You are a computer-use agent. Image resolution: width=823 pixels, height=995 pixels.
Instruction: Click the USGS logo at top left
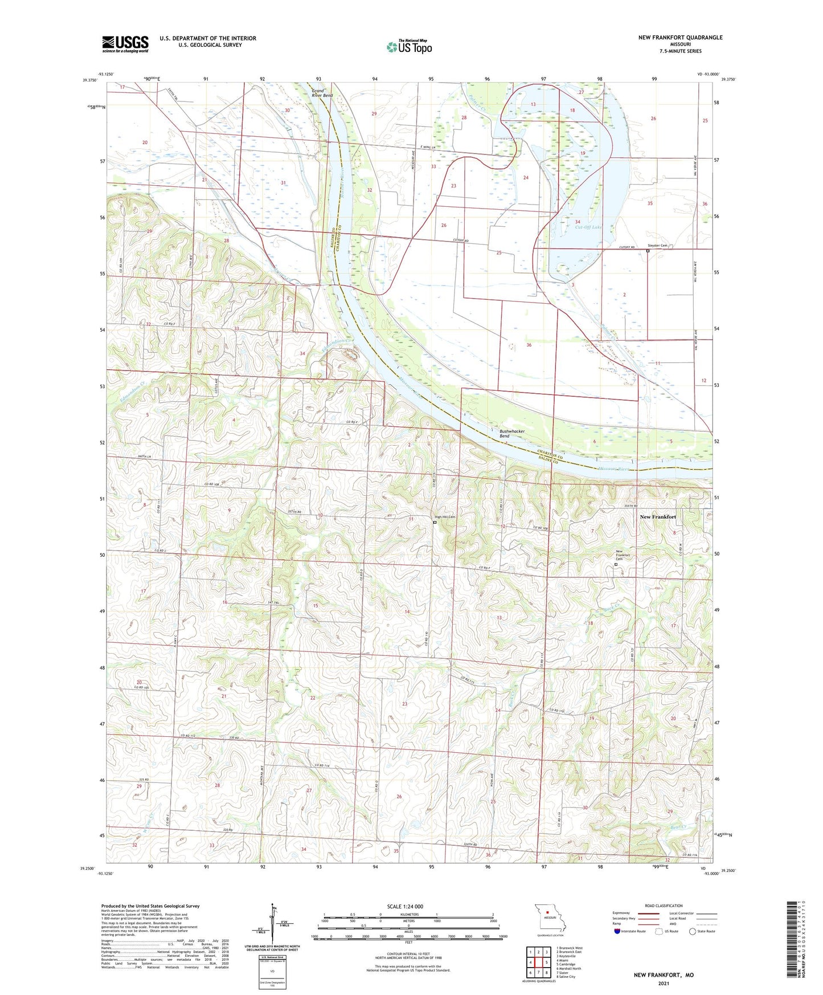click(125, 44)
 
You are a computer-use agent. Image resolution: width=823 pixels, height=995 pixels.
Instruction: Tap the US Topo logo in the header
click(409, 46)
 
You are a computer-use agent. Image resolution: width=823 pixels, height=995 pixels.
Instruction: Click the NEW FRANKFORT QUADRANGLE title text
click(680, 38)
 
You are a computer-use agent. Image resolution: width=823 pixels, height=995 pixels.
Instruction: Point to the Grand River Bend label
click(322, 93)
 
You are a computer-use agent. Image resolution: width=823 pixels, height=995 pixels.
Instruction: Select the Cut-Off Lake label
click(588, 227)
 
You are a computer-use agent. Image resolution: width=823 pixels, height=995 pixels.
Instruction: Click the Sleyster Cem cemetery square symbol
click(648, 250)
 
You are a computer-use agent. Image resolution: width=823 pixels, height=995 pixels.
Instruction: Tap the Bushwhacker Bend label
click(512, 434)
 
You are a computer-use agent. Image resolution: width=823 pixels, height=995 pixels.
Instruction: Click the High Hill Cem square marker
click(435, 522)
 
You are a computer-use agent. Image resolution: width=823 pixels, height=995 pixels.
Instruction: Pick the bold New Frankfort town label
click(658, 517)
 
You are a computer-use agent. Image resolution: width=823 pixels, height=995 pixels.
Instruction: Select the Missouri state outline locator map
click(550, 919)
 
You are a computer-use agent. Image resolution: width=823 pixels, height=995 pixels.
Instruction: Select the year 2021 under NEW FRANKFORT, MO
click(664, 984)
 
